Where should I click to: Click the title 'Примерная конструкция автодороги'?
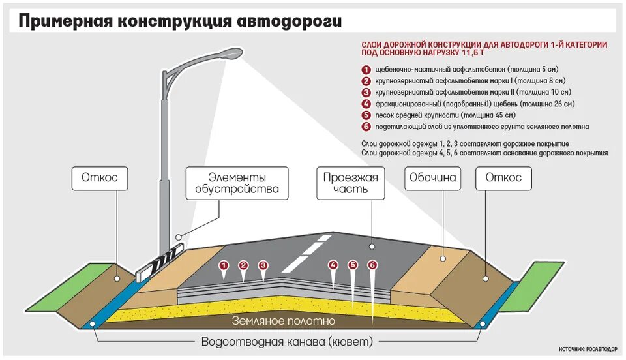pos(179,21)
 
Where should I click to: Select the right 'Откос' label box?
pos(503,177)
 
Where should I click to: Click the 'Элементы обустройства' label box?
pos(237,183)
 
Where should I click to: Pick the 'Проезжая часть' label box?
pos(351,183)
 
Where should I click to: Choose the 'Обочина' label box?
pos(432,177)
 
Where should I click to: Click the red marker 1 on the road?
pos(224,265)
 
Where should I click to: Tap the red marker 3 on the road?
pos(263,265)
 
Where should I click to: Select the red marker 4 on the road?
pos(333,265)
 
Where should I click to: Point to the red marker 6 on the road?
pos(372,265)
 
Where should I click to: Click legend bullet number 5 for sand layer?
pos(366,115)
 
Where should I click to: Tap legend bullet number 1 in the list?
pos(366,69)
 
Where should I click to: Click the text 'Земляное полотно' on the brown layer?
pos(284,321)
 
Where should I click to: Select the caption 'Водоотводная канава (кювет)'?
pos(287,342)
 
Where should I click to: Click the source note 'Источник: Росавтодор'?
pos(588,350)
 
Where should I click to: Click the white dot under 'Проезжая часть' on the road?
pos(372,247)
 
